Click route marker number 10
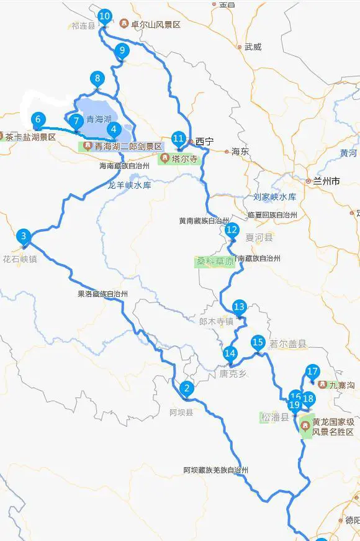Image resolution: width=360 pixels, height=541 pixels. click(105, 16)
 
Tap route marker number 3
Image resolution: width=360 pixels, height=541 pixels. click(24, 235)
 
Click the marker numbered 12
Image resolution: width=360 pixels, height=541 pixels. click(232, 230)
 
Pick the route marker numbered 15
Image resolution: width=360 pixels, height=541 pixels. click(258, 342)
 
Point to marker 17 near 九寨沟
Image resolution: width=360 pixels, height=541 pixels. click(312, 372)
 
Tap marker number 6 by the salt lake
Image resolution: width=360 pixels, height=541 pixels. click(38, 119)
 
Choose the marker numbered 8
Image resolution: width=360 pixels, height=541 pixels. click(97, 78)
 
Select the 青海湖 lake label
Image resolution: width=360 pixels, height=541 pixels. click(99, 119)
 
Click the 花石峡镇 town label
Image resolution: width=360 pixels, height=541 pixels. click(20, 258)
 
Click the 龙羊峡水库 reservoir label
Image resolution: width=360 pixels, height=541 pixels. click(129, 184)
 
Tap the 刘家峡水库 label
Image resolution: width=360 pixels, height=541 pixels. click(274, 197)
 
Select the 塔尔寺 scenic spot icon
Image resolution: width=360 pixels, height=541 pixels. click(164, 158)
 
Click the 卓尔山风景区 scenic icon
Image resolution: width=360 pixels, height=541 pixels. click(124, 24)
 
